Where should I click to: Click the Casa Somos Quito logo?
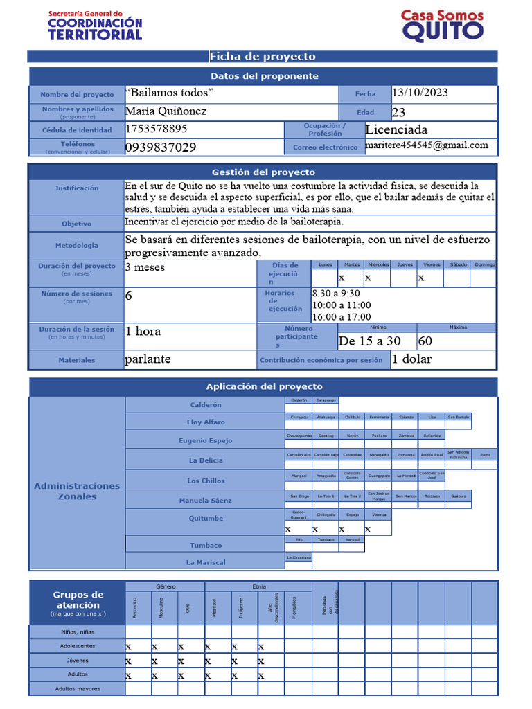coord(442,26)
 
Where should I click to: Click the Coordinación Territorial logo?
coord(95,26)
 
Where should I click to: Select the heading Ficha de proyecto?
coord(263,57)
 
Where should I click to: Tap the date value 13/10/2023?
coord(420,93)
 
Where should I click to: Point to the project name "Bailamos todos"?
coord(170,93)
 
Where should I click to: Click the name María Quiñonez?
coord(166,111)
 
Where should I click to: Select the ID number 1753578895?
coord(156,129)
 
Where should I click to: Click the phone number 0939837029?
coord(161,147)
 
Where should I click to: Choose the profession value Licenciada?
coord(396,129)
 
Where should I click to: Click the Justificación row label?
coord(77,188)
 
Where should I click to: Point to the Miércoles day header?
coord(378,264)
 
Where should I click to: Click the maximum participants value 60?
coord(425,341)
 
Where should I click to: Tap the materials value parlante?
coord(148,359)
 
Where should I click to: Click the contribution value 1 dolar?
coord(411,359)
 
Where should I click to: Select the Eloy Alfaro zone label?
coord(206,422)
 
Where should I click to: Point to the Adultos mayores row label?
coord(78,689)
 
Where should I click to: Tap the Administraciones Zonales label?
coord(77,491)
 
